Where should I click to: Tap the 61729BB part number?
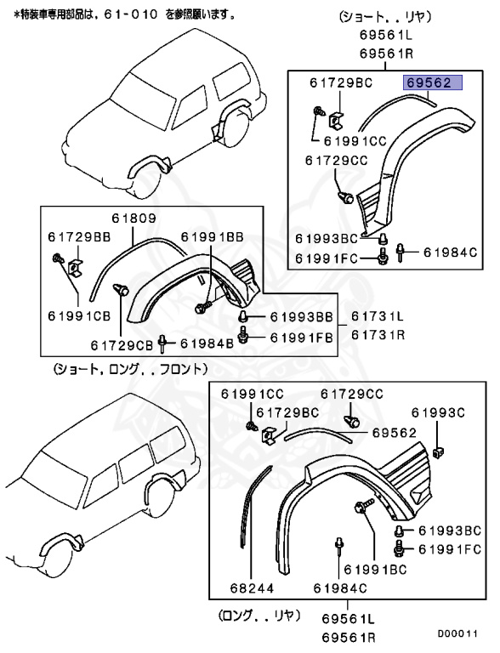click(x=77, y=236)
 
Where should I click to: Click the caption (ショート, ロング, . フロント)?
click(x=128, y=369)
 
